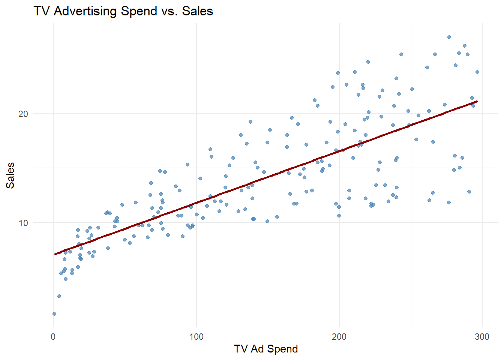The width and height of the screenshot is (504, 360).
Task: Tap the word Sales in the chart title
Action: tap(198, 11)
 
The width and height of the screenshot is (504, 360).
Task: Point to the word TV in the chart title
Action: tap(42, 11)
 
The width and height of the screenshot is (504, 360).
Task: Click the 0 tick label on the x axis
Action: tap(53, 337)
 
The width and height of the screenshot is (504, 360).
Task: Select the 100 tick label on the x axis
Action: tap(196, 337)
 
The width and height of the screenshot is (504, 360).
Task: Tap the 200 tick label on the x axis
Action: tap(339, 337)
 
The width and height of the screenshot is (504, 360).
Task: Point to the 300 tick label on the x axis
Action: tap(482, 337)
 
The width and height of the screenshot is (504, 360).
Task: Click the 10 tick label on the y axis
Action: tap(23, 223)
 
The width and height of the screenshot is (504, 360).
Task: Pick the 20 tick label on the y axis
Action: tap(23, 114)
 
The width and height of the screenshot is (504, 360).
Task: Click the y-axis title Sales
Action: tap(10, 175)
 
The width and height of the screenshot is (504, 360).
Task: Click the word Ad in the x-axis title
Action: tap(257, 349)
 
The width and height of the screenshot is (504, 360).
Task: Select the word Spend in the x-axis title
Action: tap(282, 349)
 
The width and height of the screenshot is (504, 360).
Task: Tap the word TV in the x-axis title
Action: tap(241, 349)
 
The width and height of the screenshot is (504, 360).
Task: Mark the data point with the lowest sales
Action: tap(54, 314)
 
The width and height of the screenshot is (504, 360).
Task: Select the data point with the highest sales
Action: tap(449, 37)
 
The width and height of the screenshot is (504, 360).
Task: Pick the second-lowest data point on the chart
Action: tap(59, 296)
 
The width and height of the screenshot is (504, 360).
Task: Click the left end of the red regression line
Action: tap(55, 254)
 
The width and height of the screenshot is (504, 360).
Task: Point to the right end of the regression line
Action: tap(477, 101)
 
